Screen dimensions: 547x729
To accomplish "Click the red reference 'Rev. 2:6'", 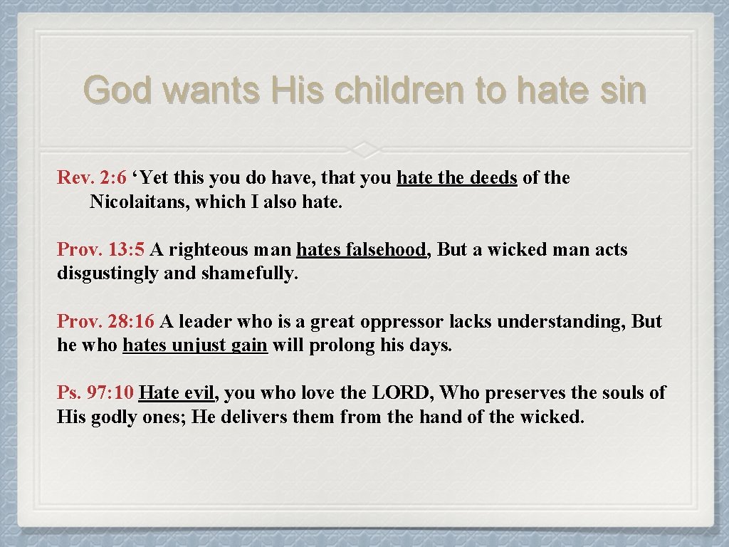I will click(91, 178).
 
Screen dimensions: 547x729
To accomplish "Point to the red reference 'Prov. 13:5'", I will click(101, 250).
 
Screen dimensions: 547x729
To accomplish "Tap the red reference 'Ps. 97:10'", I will click(95, 393).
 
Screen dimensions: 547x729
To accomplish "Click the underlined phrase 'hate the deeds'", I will click(456, 178).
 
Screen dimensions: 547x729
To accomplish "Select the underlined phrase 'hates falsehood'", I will click(361, 250).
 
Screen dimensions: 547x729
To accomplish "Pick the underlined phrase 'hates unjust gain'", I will click(195, 346).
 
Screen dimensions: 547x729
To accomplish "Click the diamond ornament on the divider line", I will click(364, 148).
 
